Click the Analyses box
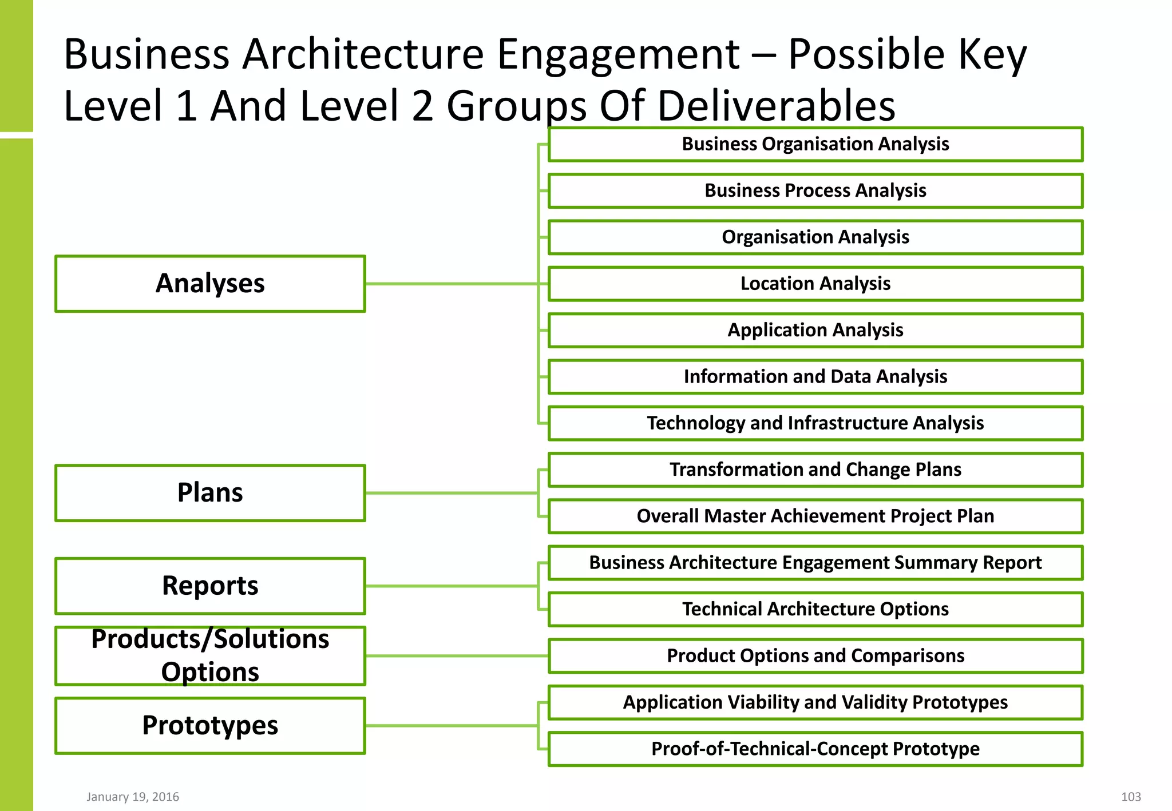[x=210, y=284]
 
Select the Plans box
[x=210, y=493]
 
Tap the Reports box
[x=210, y=586]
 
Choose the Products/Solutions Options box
[x=210, y=656]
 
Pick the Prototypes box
[x=210, y=726]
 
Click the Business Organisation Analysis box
[x=815, y=144]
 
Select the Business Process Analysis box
[x=815, y=190]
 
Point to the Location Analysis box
[x=815, y=284]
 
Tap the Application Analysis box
[x=815, y=330]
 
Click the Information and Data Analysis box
[x=815, y=377]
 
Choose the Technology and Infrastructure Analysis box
[x=815, y=423]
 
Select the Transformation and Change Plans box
[x=815, y=470]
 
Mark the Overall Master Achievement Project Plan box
[x=815, y=516]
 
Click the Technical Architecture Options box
[x=815, y=609]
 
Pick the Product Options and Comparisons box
[x=815, y=656]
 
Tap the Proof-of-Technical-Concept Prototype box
[x=815, y=749]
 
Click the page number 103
[x=1131, y=797]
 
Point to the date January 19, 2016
[x=133, y=797]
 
